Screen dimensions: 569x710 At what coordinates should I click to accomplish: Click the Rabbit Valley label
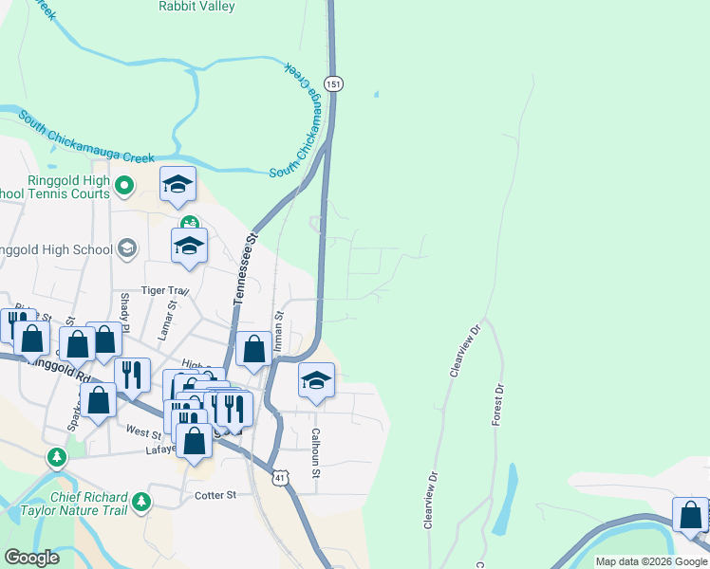(x=196, y=6)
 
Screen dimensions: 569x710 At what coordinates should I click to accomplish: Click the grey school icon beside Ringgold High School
(x=126, y=249)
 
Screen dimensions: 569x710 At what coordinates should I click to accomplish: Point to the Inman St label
(x=279, y=332)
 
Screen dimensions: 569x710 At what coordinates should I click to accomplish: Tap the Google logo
(x=31, y=559)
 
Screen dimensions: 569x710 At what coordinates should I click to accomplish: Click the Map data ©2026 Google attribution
(x=650, y=561)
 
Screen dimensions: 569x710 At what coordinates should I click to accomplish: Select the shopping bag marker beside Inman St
(x=254, y=348)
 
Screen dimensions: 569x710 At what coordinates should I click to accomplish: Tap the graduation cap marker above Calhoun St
(x=316, y=381)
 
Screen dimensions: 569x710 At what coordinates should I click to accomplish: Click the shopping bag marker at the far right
(x=691, y=514)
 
